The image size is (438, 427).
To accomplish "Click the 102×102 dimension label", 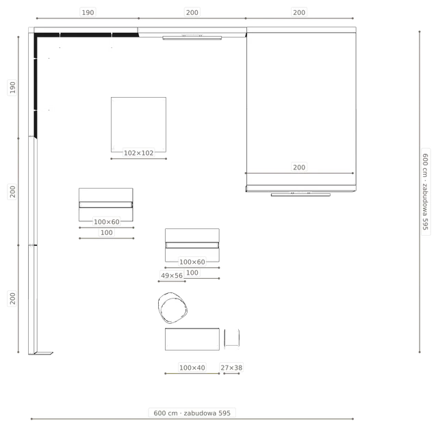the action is pos(138,153).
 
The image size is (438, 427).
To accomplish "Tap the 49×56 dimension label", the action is pos(172,275).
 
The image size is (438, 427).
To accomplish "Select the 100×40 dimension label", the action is pos(192,368).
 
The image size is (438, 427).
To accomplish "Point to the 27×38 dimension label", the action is pos(231,368).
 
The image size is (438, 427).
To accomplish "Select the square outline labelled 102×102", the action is pos(111,124).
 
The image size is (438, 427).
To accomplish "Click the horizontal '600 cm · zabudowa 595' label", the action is pos(192,413).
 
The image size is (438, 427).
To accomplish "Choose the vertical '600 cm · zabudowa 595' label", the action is pos(426,192).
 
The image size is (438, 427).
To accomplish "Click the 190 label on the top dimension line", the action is pos(88,12).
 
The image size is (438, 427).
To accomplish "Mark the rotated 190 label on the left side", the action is pos(12,87).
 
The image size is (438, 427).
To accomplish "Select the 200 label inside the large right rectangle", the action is pos(299,167).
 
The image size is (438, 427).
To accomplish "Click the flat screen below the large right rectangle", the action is pos(300,195).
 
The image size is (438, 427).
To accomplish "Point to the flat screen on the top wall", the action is pos(192,38).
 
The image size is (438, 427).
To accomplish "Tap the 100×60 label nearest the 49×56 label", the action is pos(192,262).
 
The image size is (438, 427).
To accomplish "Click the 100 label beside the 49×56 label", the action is pos(192,273).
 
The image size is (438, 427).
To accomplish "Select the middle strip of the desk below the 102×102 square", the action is pos(106,205).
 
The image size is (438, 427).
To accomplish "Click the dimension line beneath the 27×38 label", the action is pos(231,374).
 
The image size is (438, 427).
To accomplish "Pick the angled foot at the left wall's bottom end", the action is pos(44,353).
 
